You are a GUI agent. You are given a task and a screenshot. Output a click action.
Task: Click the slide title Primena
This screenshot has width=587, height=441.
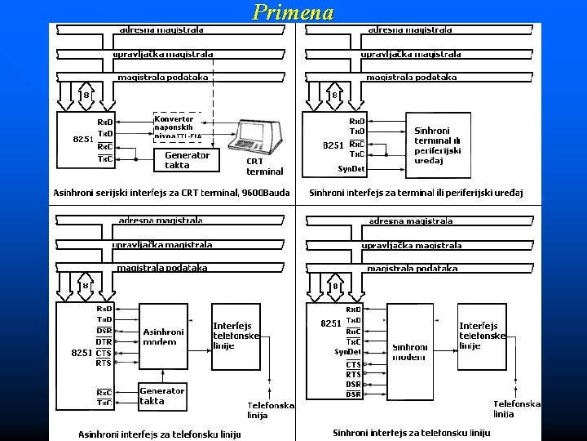[293, 12]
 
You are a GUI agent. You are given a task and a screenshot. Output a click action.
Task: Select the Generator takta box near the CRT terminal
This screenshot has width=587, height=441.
[187, 159]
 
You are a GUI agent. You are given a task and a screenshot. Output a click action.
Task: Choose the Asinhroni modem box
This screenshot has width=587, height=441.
[165, 337]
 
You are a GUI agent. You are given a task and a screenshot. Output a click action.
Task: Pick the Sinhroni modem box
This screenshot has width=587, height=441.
[410, 352]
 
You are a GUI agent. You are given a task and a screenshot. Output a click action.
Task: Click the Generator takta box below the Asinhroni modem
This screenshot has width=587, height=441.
[163, 396]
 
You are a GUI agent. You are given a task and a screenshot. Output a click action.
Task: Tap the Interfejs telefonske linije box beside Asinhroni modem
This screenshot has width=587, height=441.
[236, 335]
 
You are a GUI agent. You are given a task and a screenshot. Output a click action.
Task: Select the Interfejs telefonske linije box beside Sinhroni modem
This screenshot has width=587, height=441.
[482, 336]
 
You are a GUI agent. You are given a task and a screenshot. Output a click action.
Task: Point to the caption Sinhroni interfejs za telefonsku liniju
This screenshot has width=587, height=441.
[412, 432]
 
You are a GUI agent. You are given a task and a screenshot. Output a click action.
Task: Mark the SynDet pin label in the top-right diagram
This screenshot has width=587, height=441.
[351, 169]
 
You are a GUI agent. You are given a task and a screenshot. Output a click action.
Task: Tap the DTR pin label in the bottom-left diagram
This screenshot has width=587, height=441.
[104, 341]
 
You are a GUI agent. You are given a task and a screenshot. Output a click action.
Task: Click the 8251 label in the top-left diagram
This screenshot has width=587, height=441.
[82, 139]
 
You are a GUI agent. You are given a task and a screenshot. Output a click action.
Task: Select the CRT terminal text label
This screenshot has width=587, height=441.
[264, 167]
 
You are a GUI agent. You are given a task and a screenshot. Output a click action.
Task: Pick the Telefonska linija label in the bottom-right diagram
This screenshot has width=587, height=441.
[516, 408]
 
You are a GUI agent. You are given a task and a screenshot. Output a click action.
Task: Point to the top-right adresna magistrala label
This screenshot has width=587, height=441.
[411, 29]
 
